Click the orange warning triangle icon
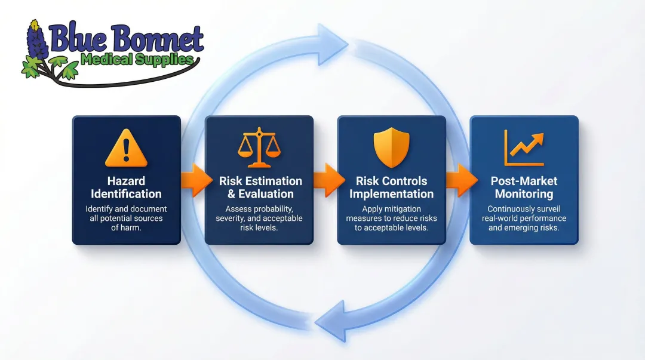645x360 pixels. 126,149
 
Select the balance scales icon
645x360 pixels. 259,147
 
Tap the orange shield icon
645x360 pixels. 391,147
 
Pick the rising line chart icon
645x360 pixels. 524,147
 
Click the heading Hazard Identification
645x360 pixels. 126,187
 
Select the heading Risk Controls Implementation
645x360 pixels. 391,187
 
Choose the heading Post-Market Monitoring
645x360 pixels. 524,187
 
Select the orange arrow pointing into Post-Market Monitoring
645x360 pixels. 460,180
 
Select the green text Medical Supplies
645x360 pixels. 137,60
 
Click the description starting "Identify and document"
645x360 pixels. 126,219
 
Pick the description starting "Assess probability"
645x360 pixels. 259,219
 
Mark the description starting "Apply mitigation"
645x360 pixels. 391,219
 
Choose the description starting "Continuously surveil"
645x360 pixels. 524,219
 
